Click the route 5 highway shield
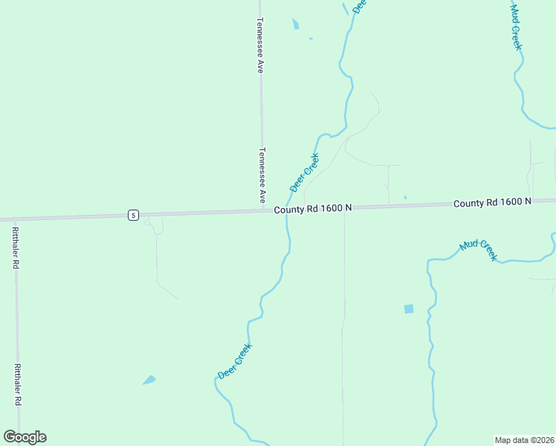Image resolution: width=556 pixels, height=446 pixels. [x=132, y=215]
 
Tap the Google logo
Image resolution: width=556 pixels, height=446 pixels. [x=25, y=437]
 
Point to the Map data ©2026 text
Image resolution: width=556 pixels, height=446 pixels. [x=524, y=439]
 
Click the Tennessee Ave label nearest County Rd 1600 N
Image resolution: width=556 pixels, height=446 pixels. [x=262, y=175]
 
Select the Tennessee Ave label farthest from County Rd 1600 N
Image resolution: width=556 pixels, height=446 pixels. [x=260, y=45]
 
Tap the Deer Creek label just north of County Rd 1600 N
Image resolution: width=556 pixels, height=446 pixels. [x=305, y=172]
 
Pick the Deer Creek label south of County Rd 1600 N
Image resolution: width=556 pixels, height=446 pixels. [x=235, y=361]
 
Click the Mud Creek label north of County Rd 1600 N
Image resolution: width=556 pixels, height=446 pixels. [x=517, y=28]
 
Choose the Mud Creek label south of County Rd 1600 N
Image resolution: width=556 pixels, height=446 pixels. [x=478, y=250]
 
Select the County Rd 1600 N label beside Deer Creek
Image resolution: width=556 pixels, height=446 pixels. [x=312, y=210]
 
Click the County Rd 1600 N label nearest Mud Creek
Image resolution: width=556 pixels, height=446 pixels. [x=492, y=202]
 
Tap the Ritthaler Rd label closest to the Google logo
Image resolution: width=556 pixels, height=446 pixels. [x=16, y=385]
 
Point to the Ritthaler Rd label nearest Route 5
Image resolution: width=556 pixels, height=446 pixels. [x=15, y=248]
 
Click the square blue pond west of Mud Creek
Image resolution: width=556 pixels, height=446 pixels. [x=408, y=308]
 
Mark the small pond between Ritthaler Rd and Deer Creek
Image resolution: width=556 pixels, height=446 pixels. [x=149, y=380]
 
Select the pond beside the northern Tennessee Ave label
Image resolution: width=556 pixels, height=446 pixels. [x=296, y=25]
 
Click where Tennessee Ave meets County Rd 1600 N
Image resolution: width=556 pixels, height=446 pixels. [x=262, y=211]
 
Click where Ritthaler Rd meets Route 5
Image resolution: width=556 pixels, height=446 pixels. [x=16, y=219]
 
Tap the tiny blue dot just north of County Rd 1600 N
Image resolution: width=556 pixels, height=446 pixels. [x=405, y=197]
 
